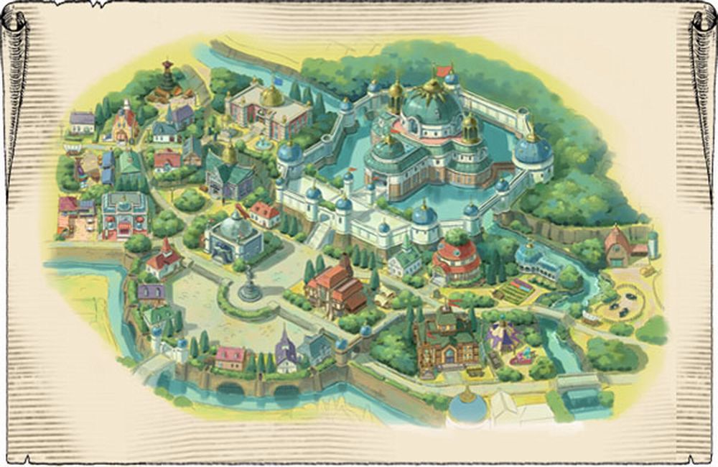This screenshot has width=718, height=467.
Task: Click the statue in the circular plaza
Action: click(250, 283)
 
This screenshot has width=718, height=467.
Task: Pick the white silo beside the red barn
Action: click(652, 244)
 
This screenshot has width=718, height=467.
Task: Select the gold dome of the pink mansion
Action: click(271, 96)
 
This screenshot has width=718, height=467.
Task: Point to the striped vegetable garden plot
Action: click(515, 291)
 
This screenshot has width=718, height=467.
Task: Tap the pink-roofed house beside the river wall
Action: click(230, 357)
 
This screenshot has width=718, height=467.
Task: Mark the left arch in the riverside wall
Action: click(230, 389)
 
